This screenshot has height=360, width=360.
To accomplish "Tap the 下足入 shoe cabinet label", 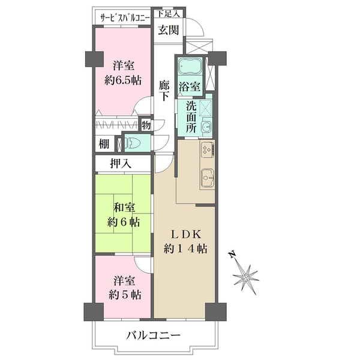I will click(x=167, y=13).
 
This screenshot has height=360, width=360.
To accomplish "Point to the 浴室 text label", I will click(x=190, y=86).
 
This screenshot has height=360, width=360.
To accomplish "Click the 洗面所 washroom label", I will click(x=190, y=116).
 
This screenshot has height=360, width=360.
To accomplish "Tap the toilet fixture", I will click(x=134, y=143).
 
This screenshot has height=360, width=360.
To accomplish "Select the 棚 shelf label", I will click(x=104, y=144).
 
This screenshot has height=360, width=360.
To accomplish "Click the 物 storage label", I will click(x=145, y=125).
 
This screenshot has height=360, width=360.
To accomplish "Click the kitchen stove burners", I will click(x=207, y=150).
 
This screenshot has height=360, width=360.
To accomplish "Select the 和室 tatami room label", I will click(x=124, y=208).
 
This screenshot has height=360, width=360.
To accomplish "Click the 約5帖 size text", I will click(x=125, y=295).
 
